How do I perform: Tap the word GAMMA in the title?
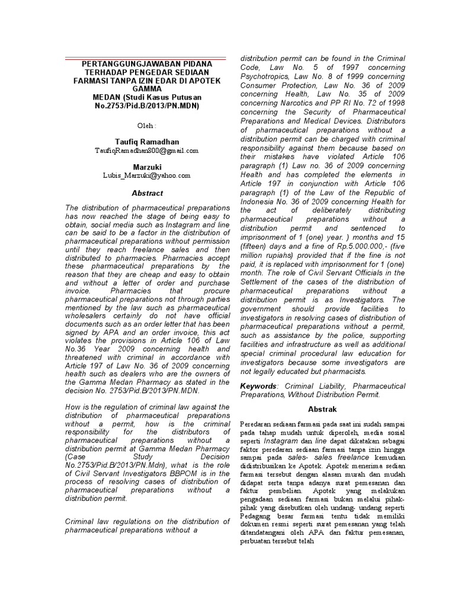146,89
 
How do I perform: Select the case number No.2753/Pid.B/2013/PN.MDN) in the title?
146,106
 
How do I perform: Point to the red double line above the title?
146,57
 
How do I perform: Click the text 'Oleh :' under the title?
146,126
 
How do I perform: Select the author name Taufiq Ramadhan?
146,142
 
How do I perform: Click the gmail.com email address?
146,151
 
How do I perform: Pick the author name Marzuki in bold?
146,167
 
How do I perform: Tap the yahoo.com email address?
146,175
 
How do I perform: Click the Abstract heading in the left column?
146,193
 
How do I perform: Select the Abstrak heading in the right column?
322,409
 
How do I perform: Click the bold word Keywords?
258,386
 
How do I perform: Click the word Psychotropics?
265,76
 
